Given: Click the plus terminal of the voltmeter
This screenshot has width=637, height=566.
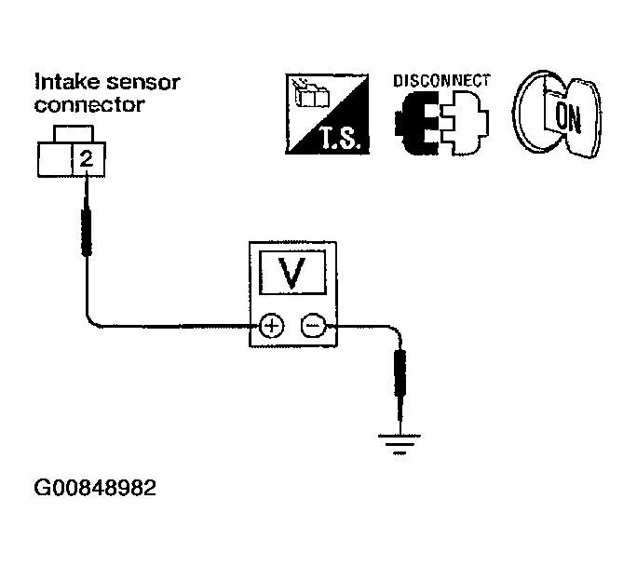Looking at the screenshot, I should pyautogui.click(x=271, y=326).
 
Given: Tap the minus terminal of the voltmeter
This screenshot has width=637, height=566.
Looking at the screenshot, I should pyautogui.click(x=312, y=326).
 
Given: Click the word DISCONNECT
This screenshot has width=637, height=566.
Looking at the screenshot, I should pyautogui.click(x=440, y=80).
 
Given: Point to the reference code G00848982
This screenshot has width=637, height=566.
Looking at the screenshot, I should pyautogui.click(x=94, y=487).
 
